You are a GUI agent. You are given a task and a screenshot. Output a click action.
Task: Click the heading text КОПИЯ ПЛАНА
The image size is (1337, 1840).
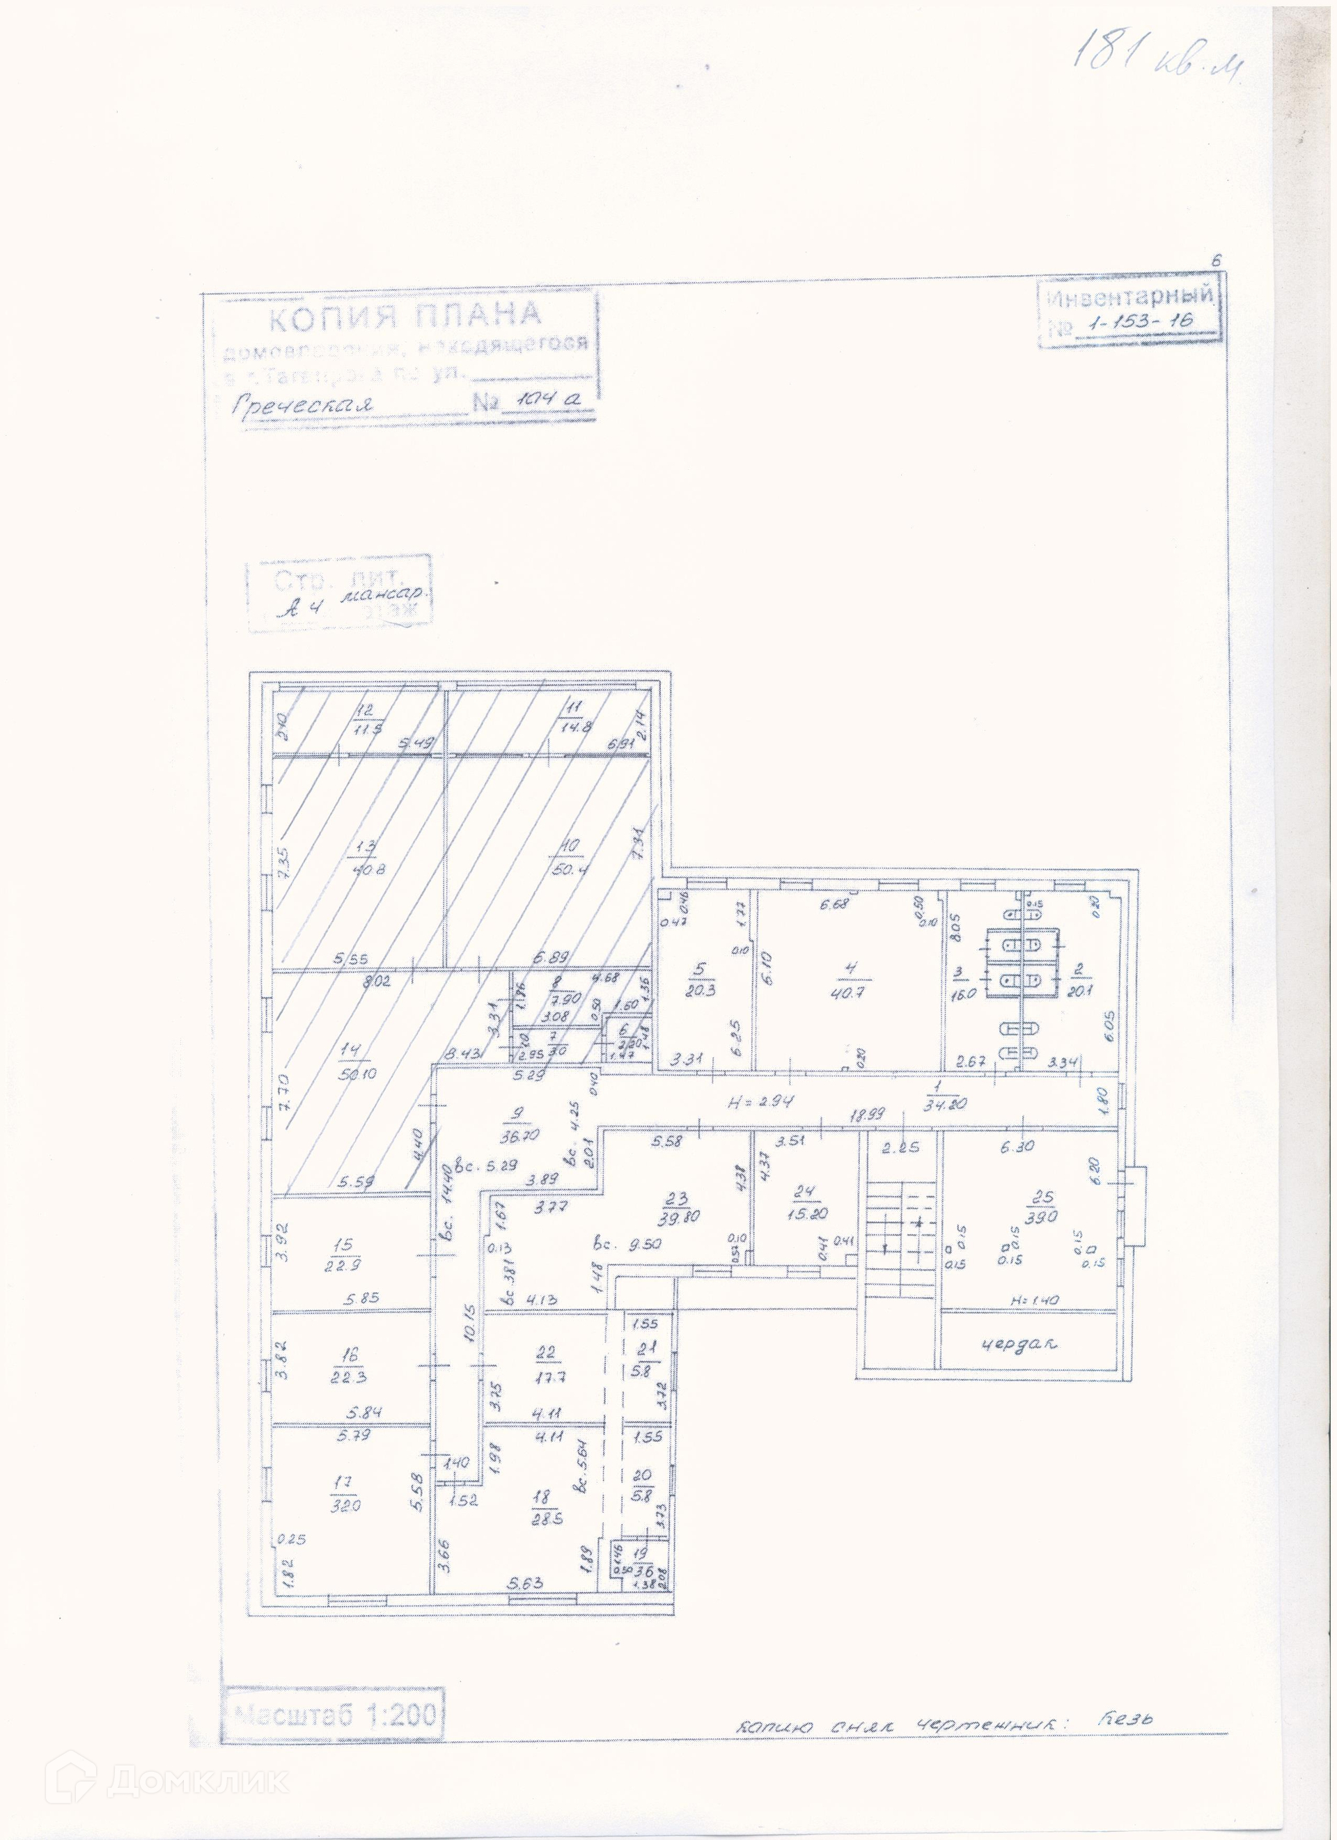coord(403,317)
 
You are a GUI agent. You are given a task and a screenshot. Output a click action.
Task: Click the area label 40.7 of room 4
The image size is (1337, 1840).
coord(850,992)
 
